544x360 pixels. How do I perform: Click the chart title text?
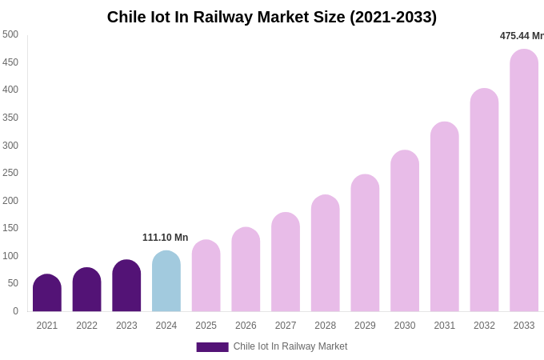point(272,17)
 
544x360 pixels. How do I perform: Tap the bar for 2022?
point(86,290)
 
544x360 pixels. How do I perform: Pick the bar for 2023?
point(126,286)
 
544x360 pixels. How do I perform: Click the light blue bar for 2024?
point(166,282)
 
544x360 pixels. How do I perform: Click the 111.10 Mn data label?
point(166,238)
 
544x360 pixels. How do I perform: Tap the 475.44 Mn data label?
point(522,36)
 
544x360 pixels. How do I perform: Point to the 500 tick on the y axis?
point(10,34)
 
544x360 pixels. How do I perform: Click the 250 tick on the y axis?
point(10,173)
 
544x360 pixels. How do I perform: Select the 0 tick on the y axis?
point(15,311)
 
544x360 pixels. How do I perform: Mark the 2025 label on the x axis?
point(206,326)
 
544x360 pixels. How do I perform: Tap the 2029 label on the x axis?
point(365,326)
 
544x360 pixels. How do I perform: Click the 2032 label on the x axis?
point(484,326)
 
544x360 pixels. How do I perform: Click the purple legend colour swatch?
point(212,347)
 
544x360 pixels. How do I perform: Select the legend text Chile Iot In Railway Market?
point(290,346)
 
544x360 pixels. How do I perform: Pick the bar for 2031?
point(445,217)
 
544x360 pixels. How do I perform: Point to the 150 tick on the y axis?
point(10,228)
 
